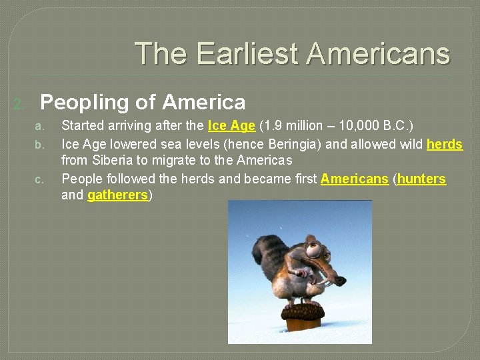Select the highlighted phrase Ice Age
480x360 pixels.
tap(231, 125)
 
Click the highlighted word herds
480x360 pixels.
tap(445, 144)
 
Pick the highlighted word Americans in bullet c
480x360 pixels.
tap(354, 179)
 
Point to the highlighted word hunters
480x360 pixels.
tap(421, 179)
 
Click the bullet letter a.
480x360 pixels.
tap(39, 126)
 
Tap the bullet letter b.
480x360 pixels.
tap(39, 145)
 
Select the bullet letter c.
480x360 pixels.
tap(39, 179)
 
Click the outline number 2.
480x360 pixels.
tap(20, 104)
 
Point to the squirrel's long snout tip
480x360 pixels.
tap(340, 281)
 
